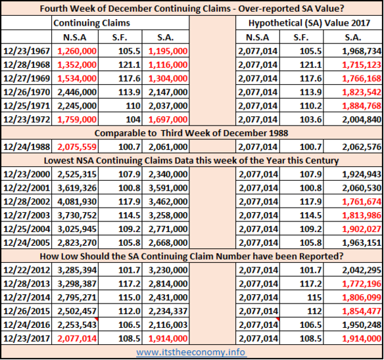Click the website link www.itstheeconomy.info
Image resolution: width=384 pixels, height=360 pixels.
coord(191,352)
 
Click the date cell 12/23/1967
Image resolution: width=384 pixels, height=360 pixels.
coord(26,51)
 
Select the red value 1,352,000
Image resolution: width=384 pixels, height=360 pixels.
coord(77,65)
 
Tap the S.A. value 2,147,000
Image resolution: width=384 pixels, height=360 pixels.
coord(168,92)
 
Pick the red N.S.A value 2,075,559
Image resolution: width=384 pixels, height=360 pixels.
coord(77,147)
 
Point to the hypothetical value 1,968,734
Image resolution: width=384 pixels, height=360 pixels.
coord(362,51)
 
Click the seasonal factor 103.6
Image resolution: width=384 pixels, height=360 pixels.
coord(311,120)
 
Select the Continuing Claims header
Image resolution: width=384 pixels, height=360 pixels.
coord(91,23)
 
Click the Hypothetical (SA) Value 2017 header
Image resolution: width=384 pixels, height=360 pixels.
coord(309,23)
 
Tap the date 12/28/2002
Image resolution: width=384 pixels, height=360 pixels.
coord(26,202)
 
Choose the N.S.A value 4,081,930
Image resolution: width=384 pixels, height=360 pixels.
coord(77,202)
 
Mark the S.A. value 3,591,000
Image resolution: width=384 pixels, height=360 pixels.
coord(168,188)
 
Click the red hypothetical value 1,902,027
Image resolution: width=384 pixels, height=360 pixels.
coord(362,229)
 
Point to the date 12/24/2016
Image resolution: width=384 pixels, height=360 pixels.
coord(26,325)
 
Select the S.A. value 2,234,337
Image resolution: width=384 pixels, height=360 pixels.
coord(168,311)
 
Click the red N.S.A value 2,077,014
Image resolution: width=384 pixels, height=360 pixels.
coord(77,339)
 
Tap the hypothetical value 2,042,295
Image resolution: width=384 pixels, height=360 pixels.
coord(362,270)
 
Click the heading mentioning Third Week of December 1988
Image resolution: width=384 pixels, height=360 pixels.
coord(191,133)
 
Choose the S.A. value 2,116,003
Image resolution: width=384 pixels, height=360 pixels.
coord(168,325)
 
